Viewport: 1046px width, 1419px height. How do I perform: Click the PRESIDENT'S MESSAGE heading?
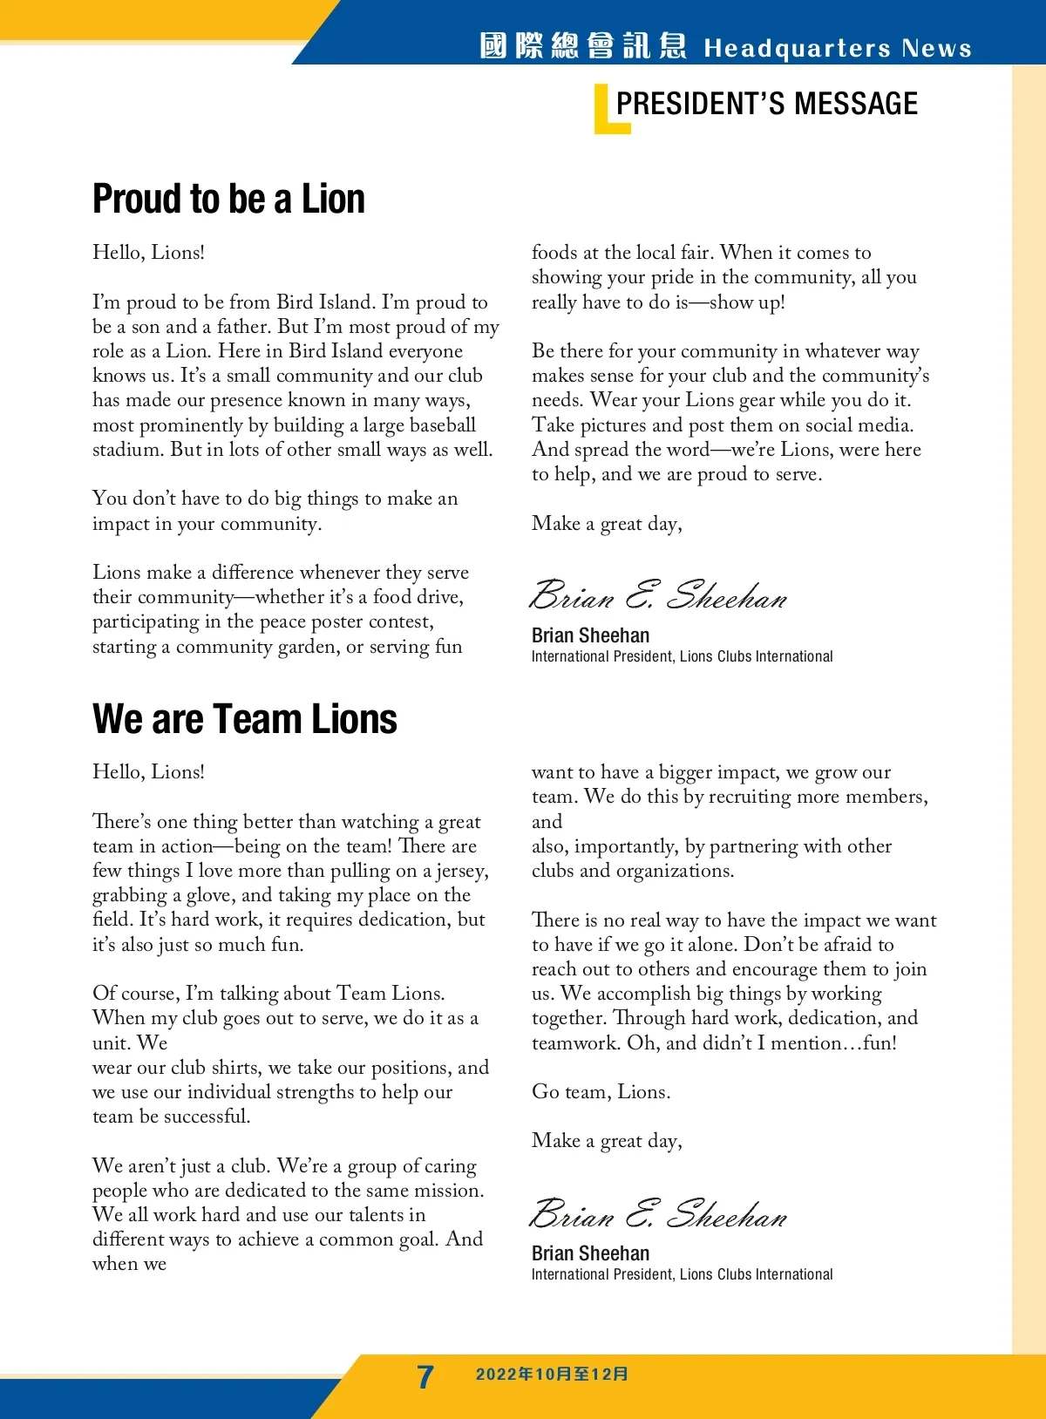[x=766, y=104]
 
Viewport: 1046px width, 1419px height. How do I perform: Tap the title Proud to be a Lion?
[x=228, y=199]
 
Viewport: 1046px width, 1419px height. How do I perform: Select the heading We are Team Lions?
[x=245, y=719]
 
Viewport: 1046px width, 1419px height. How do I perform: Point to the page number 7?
[x=425, y=1376]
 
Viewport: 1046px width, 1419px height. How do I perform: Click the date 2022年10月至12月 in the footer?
[x=552, y=1375]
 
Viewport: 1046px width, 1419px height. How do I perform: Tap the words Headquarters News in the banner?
[x=837, y=48]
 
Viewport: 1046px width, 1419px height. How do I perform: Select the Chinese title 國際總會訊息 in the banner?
[x=583, y=46]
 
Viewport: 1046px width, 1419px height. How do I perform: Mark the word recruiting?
[x=750, y=797]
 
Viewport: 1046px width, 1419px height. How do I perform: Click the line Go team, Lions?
[x=601, y=1092]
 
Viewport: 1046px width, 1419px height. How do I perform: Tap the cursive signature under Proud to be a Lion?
[x=658, y=595]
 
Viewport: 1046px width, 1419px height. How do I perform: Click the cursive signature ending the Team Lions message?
[x=658, y=1213]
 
